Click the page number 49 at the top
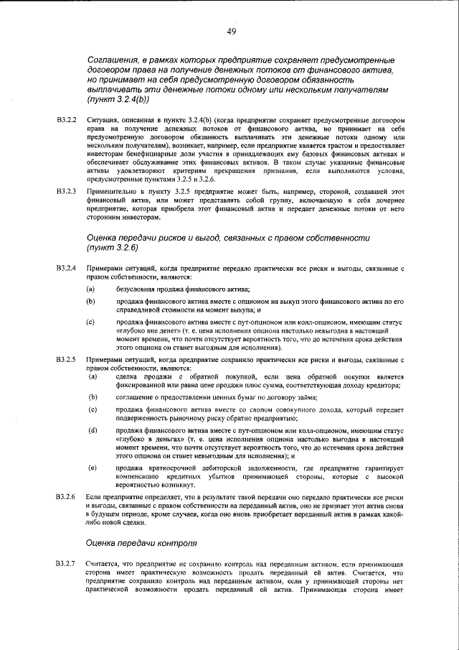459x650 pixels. coord(231,31)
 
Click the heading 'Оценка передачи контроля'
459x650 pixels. coord(140,543)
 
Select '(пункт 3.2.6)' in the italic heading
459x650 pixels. coord(116,247)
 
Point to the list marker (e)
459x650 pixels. coord(93,468)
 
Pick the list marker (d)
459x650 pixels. coord(93,430)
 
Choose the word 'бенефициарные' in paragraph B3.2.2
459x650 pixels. coord(168,153)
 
